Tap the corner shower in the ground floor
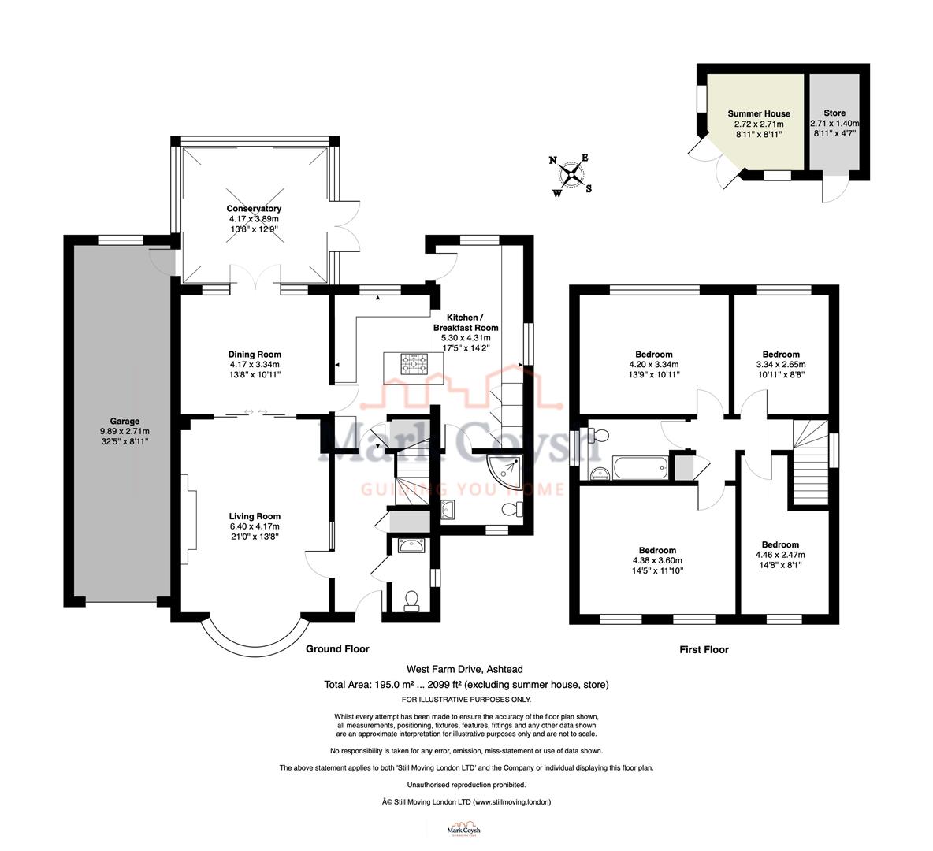coord(504,470)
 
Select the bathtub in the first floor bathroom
coord(639,470)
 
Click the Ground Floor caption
coord(337,649)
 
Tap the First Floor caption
coord(704,650)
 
